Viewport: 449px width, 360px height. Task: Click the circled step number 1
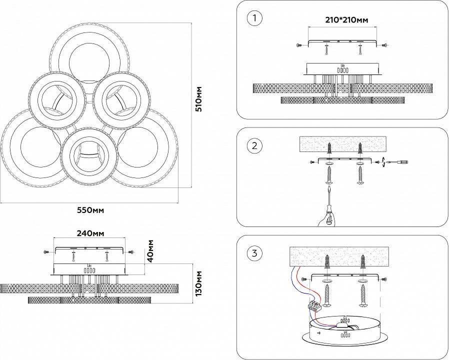[255, 19]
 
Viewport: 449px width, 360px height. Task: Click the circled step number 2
[255, 146]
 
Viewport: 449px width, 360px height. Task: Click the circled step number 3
[255, 253]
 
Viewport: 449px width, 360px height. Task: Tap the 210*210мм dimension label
[343, 20]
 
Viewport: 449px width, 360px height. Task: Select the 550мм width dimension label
[90, 210]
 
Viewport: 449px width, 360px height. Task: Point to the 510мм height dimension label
[199, 98]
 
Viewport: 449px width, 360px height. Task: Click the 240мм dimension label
[90, 233]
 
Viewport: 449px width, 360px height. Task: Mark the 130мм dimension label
[199, 283]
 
